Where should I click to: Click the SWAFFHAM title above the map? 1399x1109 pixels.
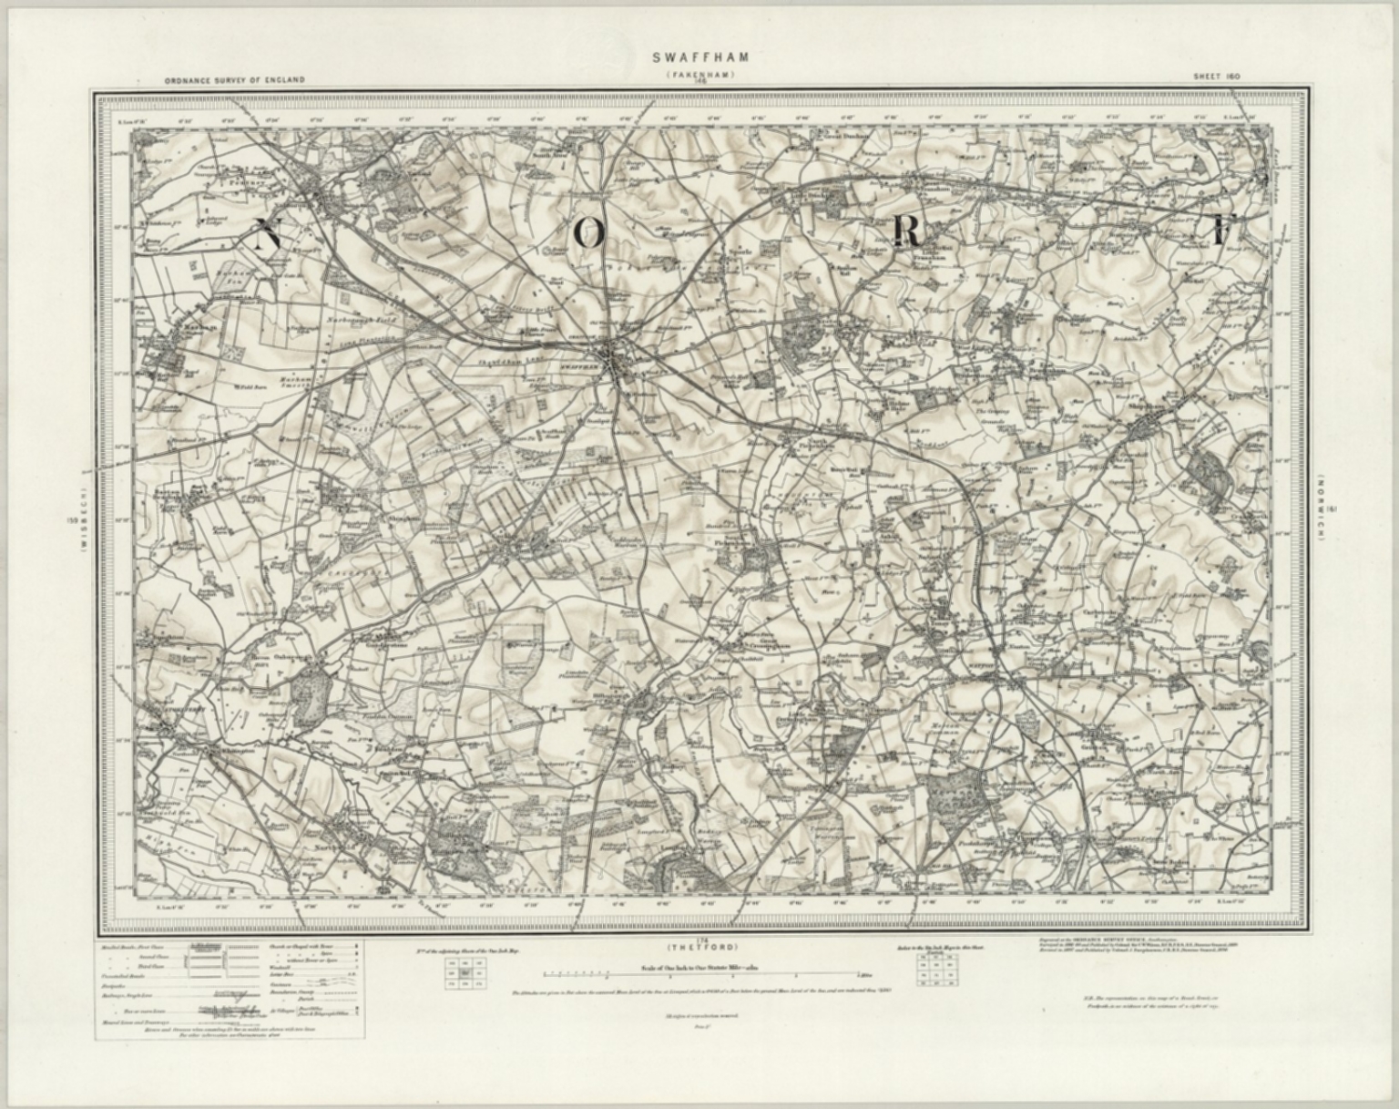(x=700, y=56)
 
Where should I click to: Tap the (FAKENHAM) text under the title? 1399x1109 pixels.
(x=700, y=73)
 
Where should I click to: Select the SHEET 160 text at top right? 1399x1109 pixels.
(x=1217, y=77)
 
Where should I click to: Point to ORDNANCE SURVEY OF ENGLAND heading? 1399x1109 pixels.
(x=235, y=80)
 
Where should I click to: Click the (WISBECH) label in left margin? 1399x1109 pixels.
(x=82, y=520)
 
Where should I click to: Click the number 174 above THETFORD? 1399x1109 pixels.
(x=699, y=939)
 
